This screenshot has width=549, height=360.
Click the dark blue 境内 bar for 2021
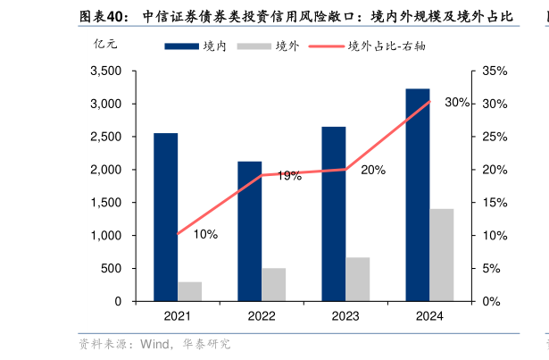click(x=165, y=217)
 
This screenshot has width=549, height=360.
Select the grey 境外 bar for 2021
click(x=189, y=291)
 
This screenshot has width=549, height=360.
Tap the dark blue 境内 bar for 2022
click(x=249, y=231)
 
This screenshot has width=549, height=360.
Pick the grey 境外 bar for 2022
click(x=274, y=284)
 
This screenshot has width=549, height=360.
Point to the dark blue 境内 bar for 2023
click(x=334, y=213)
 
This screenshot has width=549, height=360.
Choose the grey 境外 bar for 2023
click(x=358, y=279)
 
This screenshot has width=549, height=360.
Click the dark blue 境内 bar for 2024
click(x=418, y=195)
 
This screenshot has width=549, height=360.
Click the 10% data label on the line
click(x=205, y=235)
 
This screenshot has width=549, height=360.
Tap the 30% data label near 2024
click(x=457, y=103)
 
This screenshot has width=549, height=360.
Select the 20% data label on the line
click(x=373, y=170)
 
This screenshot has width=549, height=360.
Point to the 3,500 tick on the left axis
click(x=106, y=71)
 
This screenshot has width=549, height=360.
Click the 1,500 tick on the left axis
click(x=106, y=203)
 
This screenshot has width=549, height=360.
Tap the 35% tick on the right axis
click(x=495, y=71)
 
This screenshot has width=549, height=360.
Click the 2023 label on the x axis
click(x=345, y=315)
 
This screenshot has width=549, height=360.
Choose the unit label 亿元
click(x=104, y=45)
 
